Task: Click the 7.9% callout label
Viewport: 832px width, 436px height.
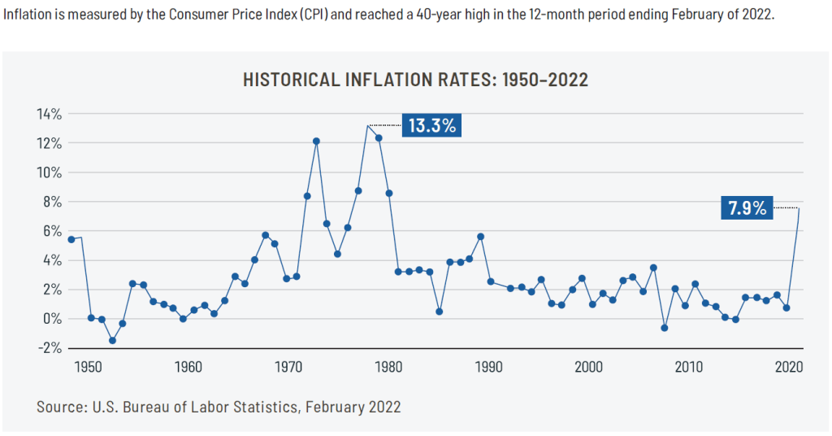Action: [746, 208]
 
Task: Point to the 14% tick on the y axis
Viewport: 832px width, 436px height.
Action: [49, 114]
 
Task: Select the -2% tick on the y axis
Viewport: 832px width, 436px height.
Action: [49, 347]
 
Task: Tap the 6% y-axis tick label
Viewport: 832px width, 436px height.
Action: [52, 231]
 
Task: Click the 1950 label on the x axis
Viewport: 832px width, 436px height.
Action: [88, 366]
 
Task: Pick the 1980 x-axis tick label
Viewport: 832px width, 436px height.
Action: [388, 366]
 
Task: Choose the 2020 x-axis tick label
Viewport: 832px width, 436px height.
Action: [789, 366]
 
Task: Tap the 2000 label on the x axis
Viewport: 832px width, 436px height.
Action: [588, 366]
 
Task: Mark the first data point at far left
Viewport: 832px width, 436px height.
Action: [71, 239]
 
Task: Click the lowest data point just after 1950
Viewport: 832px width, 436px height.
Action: [112, 340]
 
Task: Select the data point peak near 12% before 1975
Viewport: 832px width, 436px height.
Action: [316, 142]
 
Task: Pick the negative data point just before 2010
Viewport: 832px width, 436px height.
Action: [665, 328]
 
